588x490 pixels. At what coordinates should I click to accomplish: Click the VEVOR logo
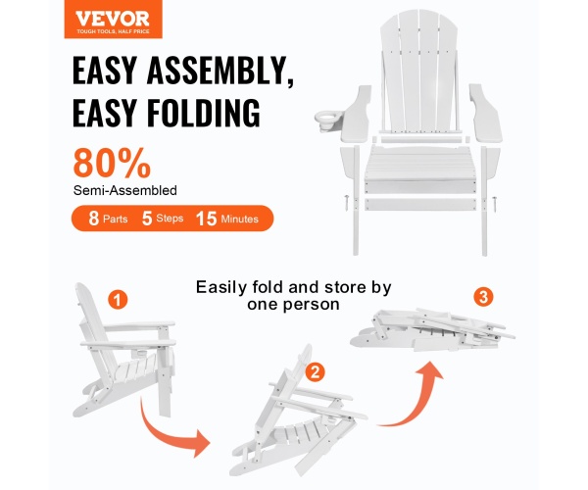pyautogui.click(x=113, y=19)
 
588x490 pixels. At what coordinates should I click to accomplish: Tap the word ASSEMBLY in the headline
pyautogui.click(x=220, y=72)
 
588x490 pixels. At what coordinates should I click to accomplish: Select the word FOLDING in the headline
pyautogui.click(x=203, y=112)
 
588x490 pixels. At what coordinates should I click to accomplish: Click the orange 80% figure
pyautogui.click(x=112, y=163)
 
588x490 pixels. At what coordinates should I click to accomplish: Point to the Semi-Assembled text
pyautogui.click(x=124, y=190)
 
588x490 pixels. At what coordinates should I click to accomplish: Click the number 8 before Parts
pyautogui.click(x=93, y=219)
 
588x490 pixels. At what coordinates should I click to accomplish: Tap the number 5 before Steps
pyautogui.click(x=147, y=219)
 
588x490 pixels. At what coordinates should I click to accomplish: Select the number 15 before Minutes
pyautogui.click(x=206, y=219)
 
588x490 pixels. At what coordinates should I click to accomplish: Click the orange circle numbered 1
pyautogui.click(x=118, y=300)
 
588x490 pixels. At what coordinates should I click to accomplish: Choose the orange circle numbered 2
pyautogui.click(x=315, y=372)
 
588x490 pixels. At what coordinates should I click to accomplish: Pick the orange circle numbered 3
pyautogui.click(x=483, y=297)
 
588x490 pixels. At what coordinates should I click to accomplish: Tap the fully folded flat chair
pyautogui.click(x=432, y=330)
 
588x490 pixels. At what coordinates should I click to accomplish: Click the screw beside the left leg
pyautogui.click(x=345, y=203)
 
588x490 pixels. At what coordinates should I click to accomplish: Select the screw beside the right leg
pyautogui.click(x=495, y=204)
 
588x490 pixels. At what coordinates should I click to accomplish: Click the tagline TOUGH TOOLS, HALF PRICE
pyautogui.click(x=113, y=31)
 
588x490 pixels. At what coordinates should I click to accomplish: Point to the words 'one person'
pyautogui.click(x=293, y=304)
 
